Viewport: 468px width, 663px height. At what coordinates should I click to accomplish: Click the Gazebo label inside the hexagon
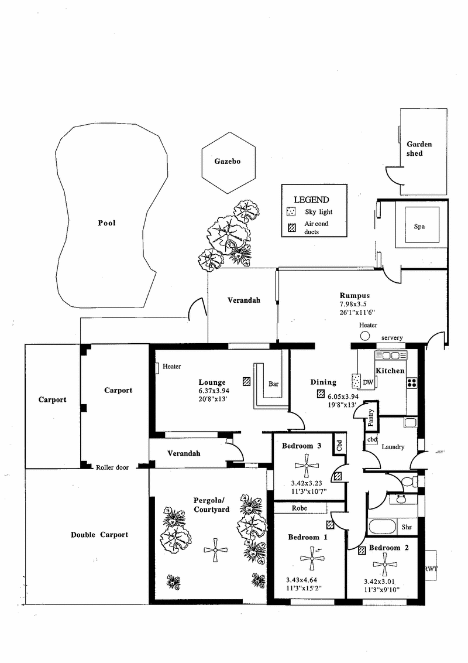click(227, 161)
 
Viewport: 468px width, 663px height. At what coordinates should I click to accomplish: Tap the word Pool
click(106, 223)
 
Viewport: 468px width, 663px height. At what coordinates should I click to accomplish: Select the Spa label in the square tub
click(419, 227)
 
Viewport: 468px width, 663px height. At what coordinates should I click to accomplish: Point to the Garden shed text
click(419, 148)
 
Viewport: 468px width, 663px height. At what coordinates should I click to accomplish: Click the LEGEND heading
click(311, 200)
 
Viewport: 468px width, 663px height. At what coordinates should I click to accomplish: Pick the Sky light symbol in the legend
click(291, 211)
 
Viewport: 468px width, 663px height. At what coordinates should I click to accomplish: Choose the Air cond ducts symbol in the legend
click(291, 228)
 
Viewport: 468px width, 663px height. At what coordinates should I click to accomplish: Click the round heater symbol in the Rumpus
click(365, 336)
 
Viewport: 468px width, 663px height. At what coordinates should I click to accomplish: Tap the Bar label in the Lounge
click(273, 384)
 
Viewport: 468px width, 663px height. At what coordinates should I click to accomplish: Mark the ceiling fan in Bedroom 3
click(307, 466)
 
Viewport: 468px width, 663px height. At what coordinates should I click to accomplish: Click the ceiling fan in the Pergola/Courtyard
click(215, 550)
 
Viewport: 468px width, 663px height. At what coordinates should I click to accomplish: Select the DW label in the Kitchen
click(368, 382)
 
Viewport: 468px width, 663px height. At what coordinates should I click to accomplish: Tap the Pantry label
click(370, 418)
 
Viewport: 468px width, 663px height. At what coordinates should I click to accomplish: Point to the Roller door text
click(112, 467)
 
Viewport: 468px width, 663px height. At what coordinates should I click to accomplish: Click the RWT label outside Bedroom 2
click(431, 569)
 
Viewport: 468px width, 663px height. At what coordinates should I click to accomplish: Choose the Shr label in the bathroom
click(407, 527)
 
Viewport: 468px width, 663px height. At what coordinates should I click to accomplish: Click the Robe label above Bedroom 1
click(300, 508)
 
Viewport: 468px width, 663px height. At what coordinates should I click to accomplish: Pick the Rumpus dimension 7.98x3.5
click(353, 304)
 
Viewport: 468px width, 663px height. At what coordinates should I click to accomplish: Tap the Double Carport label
click(99, 535)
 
